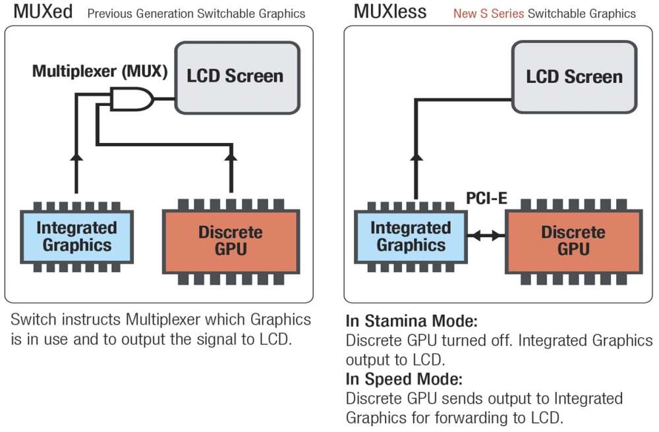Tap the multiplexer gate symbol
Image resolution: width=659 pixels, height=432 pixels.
tap(131, 99)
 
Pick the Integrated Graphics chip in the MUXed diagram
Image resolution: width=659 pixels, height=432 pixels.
tap(76, 236)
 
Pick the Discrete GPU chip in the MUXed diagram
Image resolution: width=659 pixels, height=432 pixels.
tap(231, 241)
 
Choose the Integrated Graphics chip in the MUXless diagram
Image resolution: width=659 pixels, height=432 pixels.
tap(411, 236)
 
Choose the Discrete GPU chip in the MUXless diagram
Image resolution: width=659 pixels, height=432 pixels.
tap(573, 241)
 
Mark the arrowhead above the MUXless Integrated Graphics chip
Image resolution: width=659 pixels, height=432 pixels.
tap(416, 158)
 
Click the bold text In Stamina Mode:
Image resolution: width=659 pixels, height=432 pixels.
tap(411, 322)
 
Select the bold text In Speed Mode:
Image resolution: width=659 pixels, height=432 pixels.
tap(404, 379)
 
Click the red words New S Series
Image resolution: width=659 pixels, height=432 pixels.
tap(488, 13)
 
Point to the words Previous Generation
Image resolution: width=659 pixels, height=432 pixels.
tap(146, 13)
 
